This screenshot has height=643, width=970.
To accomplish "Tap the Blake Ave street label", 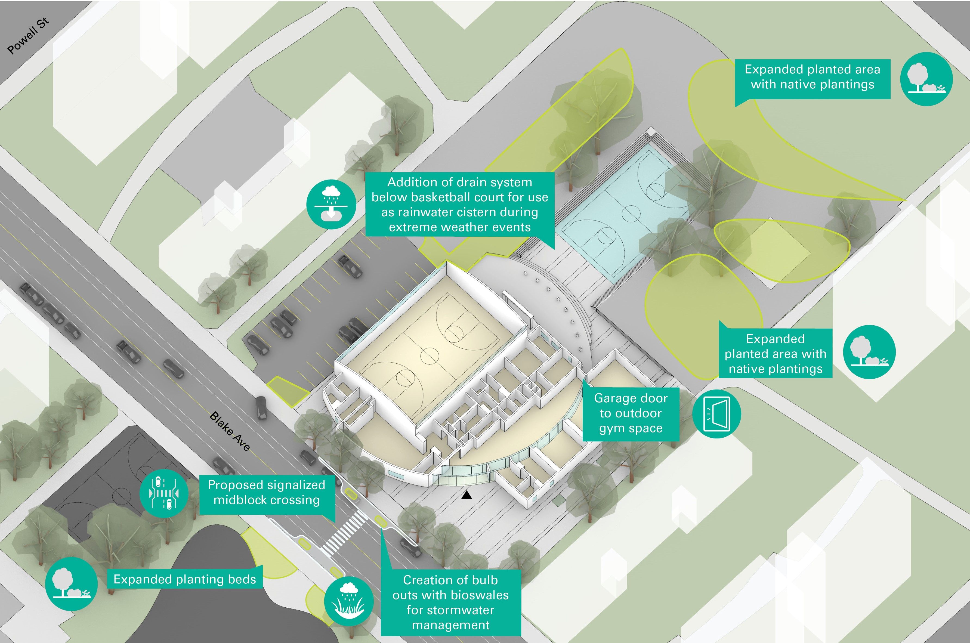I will point(230,431).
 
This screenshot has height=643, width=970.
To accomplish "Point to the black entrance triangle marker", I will point(466,495).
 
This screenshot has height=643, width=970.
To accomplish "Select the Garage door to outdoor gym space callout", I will point(631,413).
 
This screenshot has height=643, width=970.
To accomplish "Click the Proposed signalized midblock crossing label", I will point(267,493).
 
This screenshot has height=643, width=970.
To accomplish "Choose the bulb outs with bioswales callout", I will point(450,602).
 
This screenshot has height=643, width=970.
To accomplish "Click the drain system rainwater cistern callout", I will point(460,205).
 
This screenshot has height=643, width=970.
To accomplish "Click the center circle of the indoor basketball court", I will point(429,355).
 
